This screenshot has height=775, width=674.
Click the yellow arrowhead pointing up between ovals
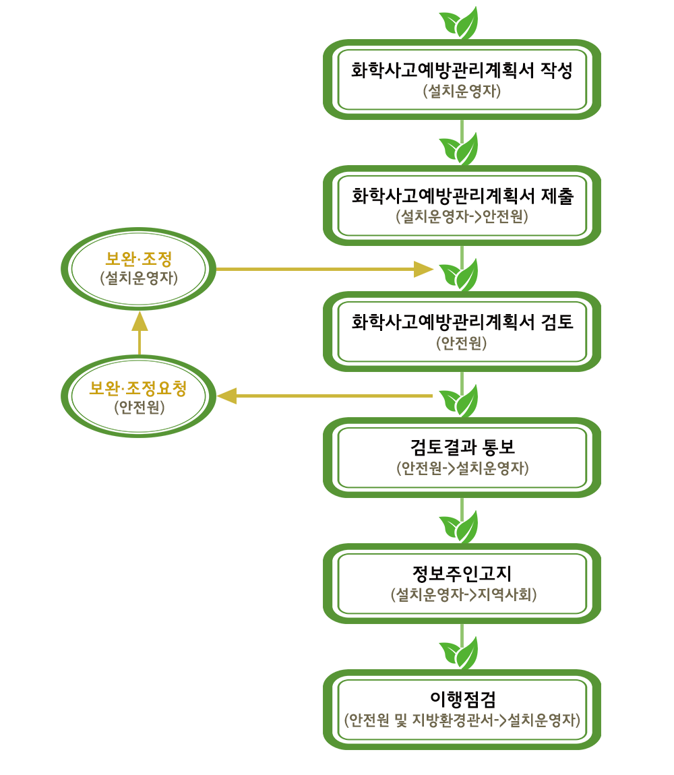pyautogui.click(x=140, y=321)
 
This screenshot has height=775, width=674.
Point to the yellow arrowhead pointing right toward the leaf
pyautogui.click(x=424, y=270)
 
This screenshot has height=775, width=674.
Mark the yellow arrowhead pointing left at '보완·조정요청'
pyautogui.click(x=227, y=396)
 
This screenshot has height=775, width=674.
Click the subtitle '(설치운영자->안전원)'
pyautogui.click(x=462, y=216)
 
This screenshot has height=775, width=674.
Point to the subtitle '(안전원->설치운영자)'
pyautogui.click(x=462, y=468)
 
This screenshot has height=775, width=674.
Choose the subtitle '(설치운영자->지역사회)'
pyautogui.click(x=463, y=594)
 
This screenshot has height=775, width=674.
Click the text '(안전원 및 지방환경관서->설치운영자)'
pyautogui.click(x=462, y=720)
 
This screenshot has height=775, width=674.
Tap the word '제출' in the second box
pyautogui.click(x=557, y=195)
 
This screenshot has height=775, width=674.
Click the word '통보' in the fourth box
pyautogui.click(x=499, y=447)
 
